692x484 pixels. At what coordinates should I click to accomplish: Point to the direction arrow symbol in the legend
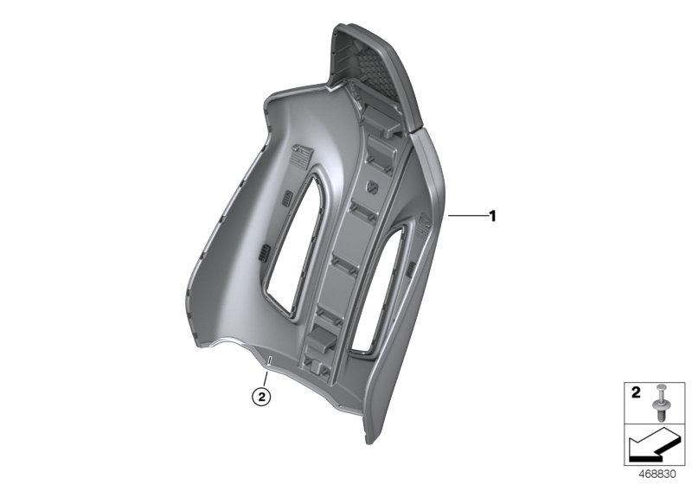click(654, 448)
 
